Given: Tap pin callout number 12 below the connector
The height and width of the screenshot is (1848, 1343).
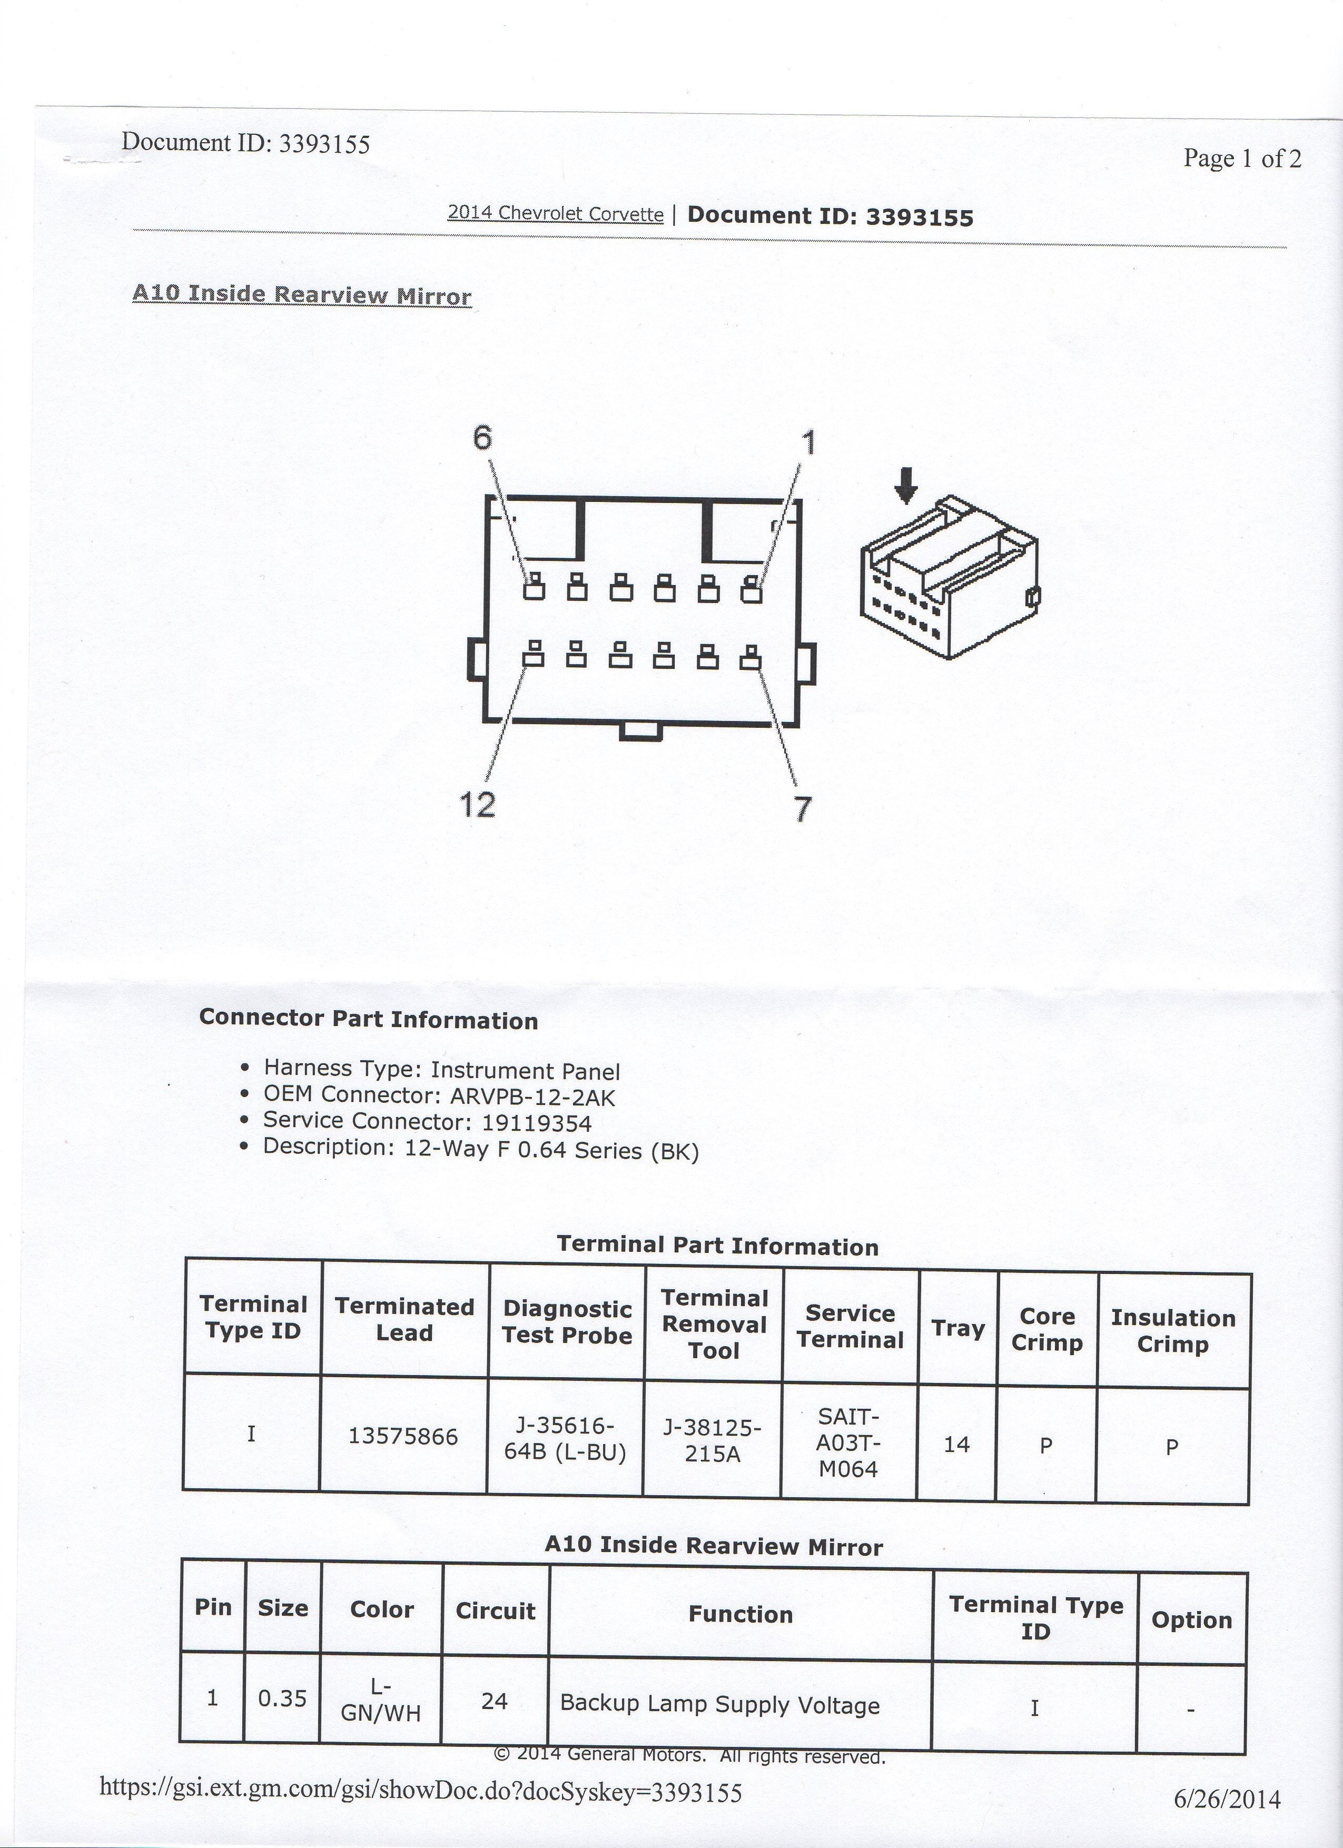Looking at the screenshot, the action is pos(478,805).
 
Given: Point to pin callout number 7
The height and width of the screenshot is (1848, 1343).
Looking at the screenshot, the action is pos(803,808).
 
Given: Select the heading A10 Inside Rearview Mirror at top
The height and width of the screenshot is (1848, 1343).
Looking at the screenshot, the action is pos(302,294).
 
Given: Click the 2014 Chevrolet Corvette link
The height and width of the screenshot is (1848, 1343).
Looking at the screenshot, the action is pos(556,213).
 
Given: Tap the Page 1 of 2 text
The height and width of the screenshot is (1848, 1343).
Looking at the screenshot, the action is pos(1242,158).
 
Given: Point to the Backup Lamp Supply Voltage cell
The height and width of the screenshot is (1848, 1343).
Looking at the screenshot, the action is pos(719,1705).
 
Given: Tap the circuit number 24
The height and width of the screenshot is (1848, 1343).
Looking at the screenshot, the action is pos(495,1702).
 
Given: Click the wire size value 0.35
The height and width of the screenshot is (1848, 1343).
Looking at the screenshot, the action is pos(282,1698).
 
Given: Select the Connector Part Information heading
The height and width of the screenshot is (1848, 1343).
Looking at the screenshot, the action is pos(368,1020).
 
